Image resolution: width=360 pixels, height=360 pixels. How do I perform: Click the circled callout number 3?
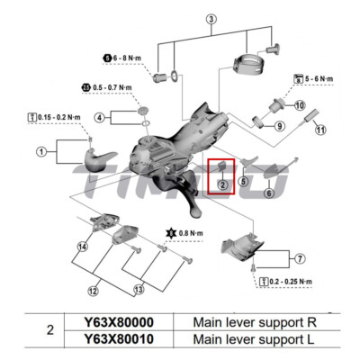pyautogui.click(x=211, y=19)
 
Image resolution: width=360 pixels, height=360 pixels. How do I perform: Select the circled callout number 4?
pyautogui.click(x=100, y=118)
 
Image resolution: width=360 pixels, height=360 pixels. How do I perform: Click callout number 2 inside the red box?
pyautogui.click(x=221, y=184)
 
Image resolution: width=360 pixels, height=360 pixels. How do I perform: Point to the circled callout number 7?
pyautogui.click(x=301, y=259)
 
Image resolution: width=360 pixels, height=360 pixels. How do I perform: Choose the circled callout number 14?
pyautogui.click(x=82, y=246)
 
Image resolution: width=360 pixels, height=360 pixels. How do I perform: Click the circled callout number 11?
pyautogui.click(x=319, y=130)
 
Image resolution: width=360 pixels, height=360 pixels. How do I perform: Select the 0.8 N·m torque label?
pyautogui.click(x=186, y=233)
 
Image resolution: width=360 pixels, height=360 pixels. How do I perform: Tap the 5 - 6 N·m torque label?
pyautogui.click(x=313, y=78)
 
